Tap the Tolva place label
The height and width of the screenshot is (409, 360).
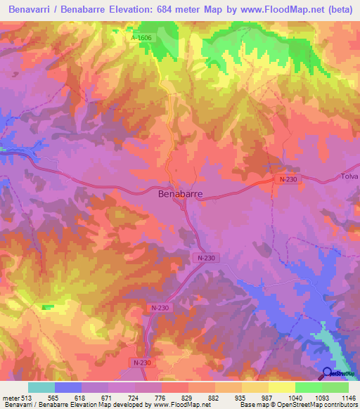coord(349,176)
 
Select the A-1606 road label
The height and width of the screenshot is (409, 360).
coord(141,38)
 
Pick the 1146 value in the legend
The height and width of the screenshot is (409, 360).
coord(344,398)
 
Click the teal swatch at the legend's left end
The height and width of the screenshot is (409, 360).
coord(41,387)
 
